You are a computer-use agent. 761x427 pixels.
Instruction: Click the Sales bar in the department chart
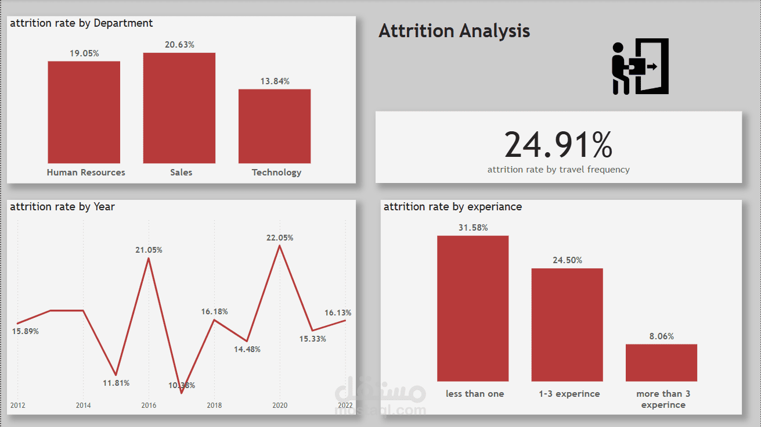pos(179,108)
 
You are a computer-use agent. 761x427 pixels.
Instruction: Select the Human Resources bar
pos(84,112)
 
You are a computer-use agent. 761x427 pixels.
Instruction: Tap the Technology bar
pos(275,126)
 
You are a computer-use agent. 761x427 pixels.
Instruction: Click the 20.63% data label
pos(179,45)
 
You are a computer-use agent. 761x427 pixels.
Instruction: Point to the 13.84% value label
pos(275,81)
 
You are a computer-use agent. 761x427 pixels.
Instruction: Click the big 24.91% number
pos(558,145)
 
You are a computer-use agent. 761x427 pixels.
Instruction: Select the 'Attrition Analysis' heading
pos(454,31)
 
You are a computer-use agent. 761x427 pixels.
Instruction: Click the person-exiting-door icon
pos(641,66)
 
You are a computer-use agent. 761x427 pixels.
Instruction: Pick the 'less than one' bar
pos(473,308)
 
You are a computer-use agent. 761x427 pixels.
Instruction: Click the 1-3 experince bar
pos(567,324)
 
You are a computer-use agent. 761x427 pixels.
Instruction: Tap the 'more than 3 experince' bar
pos(661,363)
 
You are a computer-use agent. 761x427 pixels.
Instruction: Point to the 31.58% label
pos(473,228)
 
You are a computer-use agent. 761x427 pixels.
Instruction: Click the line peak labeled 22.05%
pos(280,246)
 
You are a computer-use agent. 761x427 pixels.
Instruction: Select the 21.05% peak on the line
pos(149,258)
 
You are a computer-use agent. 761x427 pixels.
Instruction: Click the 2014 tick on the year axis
pos(84,406)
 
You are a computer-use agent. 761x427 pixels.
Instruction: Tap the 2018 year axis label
pos(214,406)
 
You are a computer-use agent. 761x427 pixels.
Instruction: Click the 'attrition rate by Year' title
pos(62,207)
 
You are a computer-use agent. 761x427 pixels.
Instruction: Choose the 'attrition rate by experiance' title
pos(453,207)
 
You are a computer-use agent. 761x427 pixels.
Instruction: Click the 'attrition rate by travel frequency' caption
pos(558,170)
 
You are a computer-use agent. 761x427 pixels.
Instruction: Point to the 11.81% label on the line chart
pos(116,383)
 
